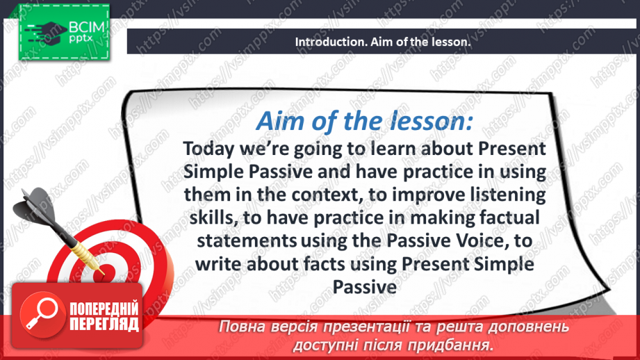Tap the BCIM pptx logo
pyautogui.click(x=64, y=33)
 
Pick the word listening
pyautogui.click(x=507, y=195)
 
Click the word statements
pyautogui.click(x=247, y=241)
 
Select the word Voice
pyautogui.click(x=480, y=241)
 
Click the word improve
pyautogui.click(x=428, y=195)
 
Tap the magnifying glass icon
pyautogui.click(x=42, y=314)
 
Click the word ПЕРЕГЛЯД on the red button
pyautogui.click(x=104, y=324)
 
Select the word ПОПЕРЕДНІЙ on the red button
pyautogui.click(x=104, y=308)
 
